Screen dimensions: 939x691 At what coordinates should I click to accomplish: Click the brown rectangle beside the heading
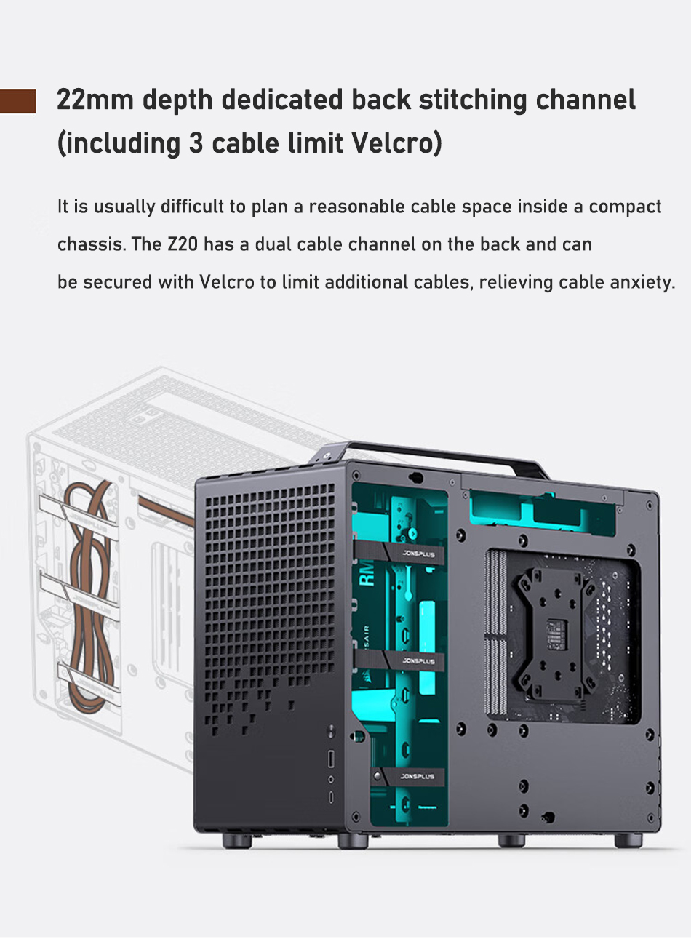(x=17, y=101)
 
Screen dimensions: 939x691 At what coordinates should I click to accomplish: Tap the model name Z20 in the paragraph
(x=183, y=244)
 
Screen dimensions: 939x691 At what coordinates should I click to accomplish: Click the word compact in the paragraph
(x=625, y=207)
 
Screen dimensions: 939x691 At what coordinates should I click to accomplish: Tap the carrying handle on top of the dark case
(x=436, y=457)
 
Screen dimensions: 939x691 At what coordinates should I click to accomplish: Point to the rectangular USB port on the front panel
(x=332, y=759)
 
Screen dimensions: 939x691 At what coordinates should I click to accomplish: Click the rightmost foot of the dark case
(x=628, y=841)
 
